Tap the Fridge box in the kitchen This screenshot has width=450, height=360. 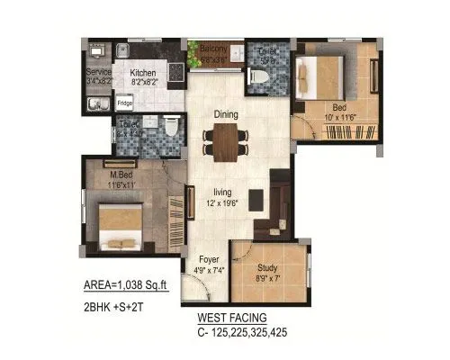[x=124, y=103]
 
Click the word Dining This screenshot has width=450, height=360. [x=226, y=114]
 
